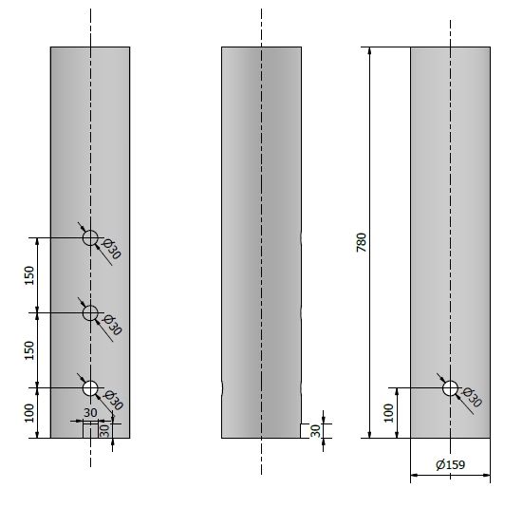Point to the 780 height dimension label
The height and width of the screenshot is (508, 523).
[362, 242]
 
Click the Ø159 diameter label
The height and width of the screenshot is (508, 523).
[450, 464]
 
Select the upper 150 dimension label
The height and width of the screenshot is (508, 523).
[29, 275]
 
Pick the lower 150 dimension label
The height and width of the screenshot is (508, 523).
[29, 350]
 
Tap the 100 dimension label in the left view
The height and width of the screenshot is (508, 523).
[29, 413]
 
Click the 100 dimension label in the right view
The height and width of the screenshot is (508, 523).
[388, 413]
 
